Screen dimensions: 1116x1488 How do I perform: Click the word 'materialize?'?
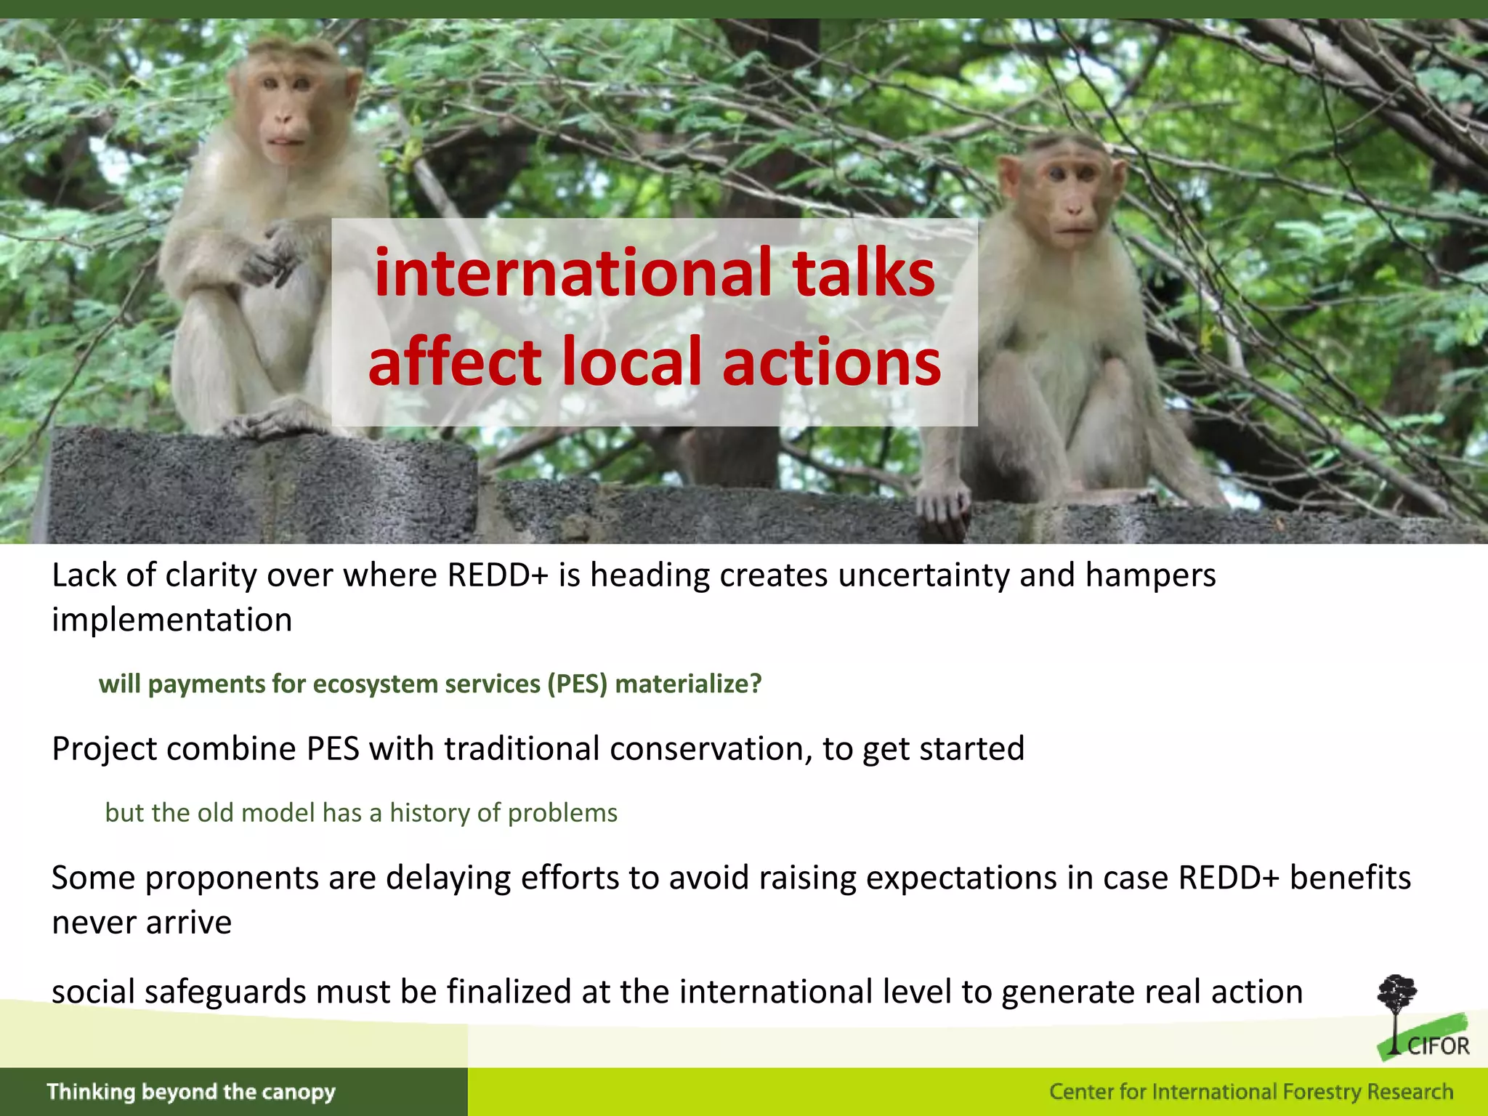tap(688, 684)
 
